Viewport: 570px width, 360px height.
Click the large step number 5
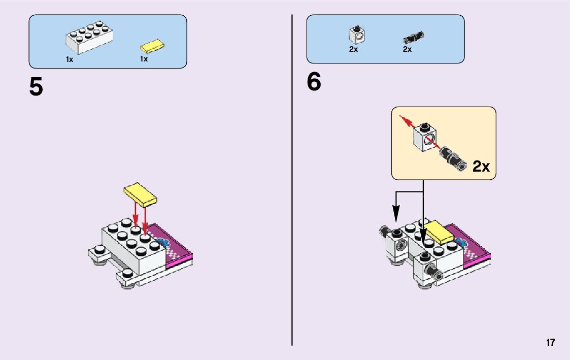pyautogui.click(x=36, y=87)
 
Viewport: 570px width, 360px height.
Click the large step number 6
pyautogui.click(x=314, y=83)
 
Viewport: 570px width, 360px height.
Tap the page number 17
pyautogui.click(x=551, y=343)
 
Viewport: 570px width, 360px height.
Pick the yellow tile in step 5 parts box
pyautogui.click(x=153, y=47)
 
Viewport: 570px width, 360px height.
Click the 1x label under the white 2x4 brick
pyautogui.click(x=70, y=59)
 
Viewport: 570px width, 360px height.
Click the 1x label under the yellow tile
pyautogui.click(x=144, y=59)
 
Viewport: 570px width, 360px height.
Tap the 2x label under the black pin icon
pyautogui.click(x=407, y=49)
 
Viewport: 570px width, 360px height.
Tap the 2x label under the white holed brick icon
pyautogui.click(x=353, y=49)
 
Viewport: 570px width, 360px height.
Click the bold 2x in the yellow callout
pyautogui.click(x=481, y=166)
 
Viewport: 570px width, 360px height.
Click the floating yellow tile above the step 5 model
pyautogui.click(x=142, y=194)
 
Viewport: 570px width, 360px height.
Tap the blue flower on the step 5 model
pyautogui.click(x=162, y=242)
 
